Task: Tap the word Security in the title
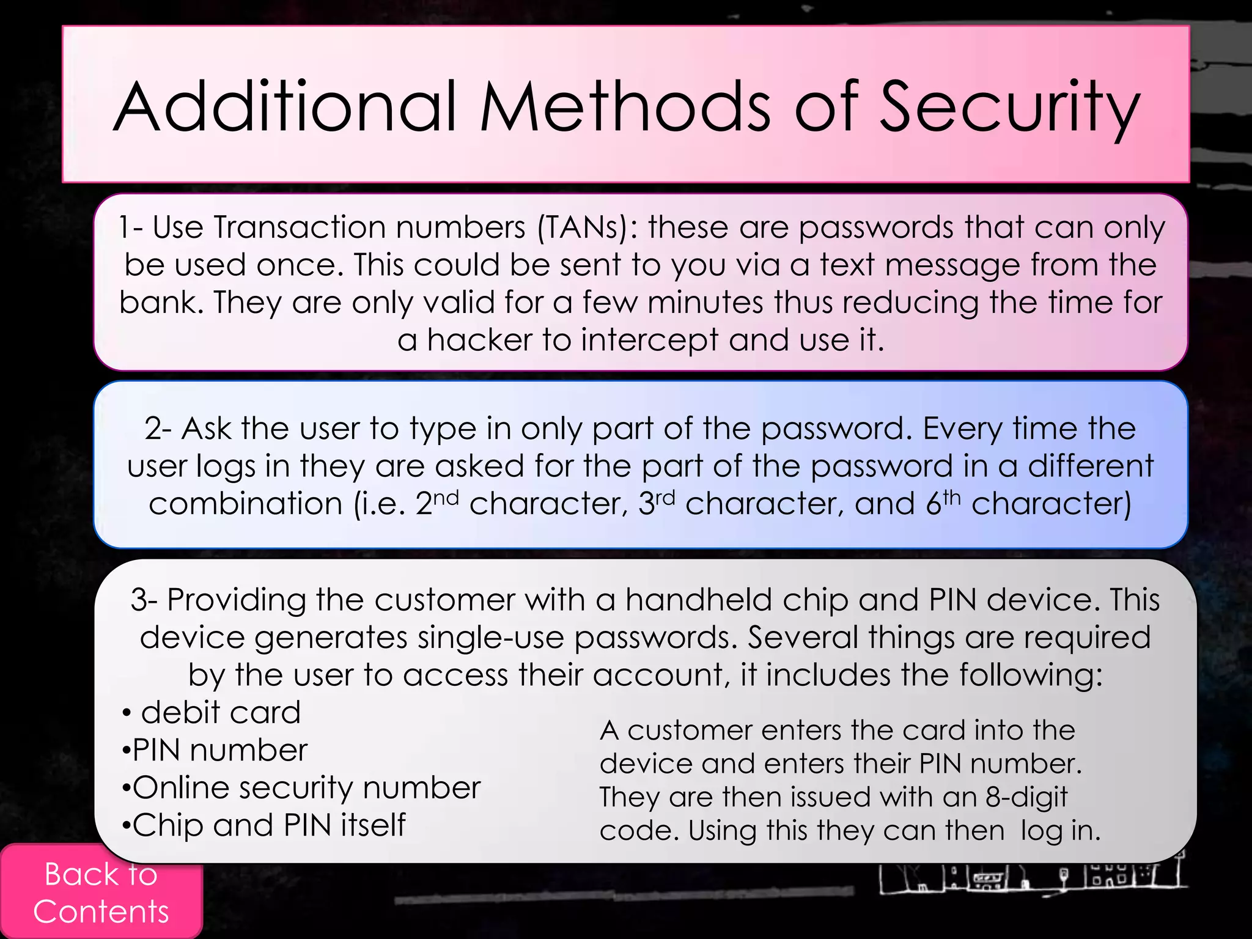(x=1009, y=109)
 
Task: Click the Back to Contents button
(x=101, y=893)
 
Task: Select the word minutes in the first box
(x=705, y=302)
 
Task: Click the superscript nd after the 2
(x=446, y=497)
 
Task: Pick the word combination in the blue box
(x=245, y=504)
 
